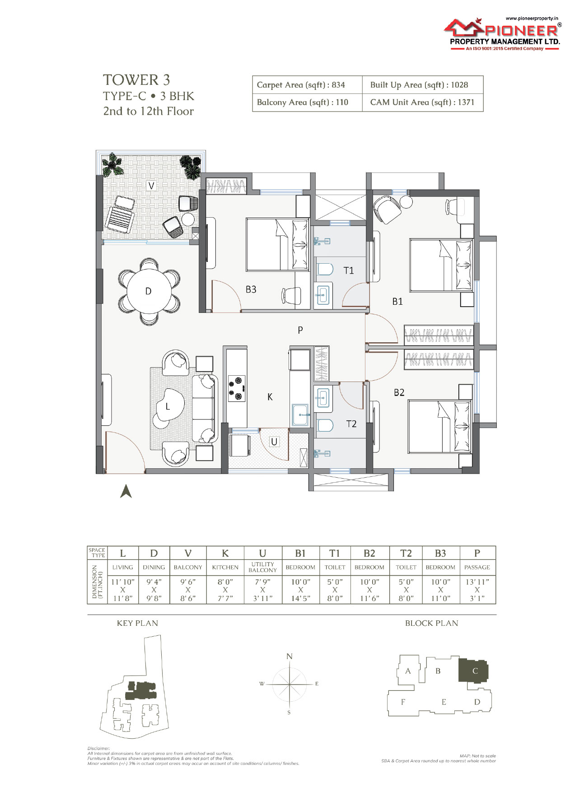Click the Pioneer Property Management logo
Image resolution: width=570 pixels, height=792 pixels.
pyautogui.click(x=503, y=34)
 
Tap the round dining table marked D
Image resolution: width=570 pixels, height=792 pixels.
pyautogui.click(x=149, y=291)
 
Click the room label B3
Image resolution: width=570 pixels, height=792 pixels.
pyautogui.click(x=251, y=289)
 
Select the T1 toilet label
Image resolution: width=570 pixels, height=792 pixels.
pyautogui.click(x=349, y=270)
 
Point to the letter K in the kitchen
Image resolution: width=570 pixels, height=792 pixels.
pyautogui.click(x=270, y=397)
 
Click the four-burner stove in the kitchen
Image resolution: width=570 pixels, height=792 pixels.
pyautogui.click(x=237, y=388)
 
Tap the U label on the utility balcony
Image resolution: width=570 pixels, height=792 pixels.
pyautogui.click(x=274, y=442)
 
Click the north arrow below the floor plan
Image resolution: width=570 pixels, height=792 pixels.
pyautogui.click(x=126, y=491)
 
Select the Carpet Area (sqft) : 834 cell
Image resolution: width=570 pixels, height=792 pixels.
pyautogui.click(x=307, y=85)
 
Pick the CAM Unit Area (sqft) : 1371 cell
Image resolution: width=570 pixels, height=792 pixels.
pyautogui.click(x=423, y=102)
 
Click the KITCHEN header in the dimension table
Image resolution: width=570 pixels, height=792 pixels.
pyautogui.click(x=225, y=567)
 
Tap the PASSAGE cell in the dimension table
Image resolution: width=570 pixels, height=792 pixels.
pyautogui.click(x=477, y=567)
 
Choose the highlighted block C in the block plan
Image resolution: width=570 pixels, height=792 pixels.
pyautogui.click(x=474, y=671)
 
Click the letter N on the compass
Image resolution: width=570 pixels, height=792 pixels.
pyautogui.click(x=290, y=656)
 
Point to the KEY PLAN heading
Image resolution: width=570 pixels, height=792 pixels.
pyautogui.click(x=137, y=623)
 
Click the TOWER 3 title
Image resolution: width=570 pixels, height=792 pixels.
pyautogui.click(x=136, y=80)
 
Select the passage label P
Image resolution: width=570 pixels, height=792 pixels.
pyautogui.click(x=300, y=330)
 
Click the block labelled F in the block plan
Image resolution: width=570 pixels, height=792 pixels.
pyautogui.click(x=403, y=702)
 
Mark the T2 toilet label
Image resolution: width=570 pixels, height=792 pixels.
pyautogui.click(x=351, y=424)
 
